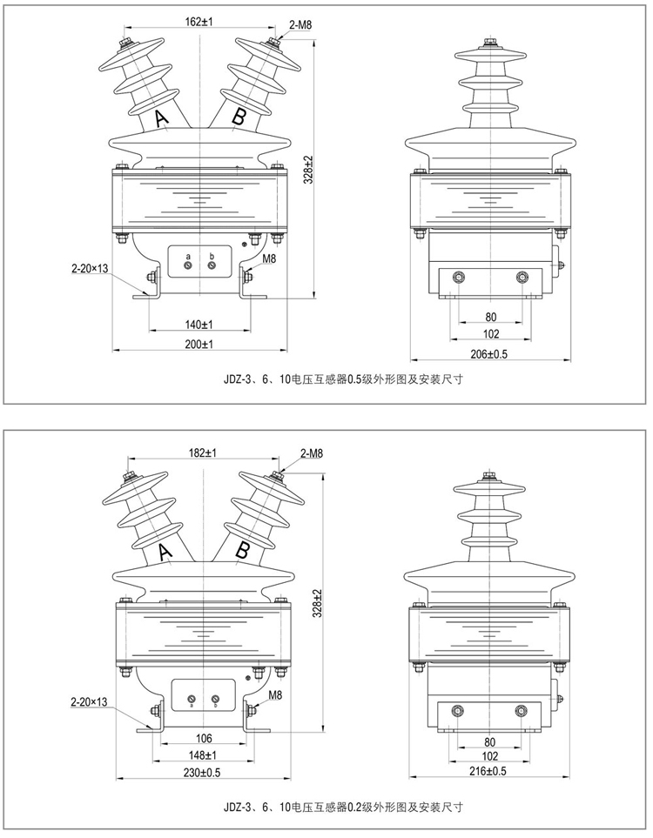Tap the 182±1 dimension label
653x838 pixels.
click(201, 453)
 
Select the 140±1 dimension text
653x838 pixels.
click(199, 324)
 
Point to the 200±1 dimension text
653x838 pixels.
click(199, 345)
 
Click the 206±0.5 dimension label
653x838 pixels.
click(489, 352)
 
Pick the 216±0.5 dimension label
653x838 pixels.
click(488, 771)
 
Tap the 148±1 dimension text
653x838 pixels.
click(201, 754)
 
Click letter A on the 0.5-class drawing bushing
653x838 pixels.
click(162, 120)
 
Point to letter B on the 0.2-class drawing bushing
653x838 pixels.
click(243, 549)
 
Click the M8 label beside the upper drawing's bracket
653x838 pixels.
click(270, 258)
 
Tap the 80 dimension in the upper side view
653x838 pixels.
click(490, 316)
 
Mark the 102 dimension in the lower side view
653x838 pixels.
click(489, 756)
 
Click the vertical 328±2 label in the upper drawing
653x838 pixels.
click(308, 171)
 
